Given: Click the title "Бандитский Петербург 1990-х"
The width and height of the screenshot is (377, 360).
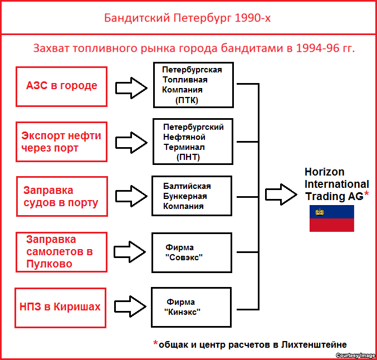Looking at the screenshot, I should click(188, 18).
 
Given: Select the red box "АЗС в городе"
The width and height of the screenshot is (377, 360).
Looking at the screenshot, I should click(61, 86).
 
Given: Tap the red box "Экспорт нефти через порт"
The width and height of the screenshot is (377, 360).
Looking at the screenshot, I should click(61, 142).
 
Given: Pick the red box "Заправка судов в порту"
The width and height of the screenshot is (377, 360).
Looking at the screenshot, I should click(61, 197).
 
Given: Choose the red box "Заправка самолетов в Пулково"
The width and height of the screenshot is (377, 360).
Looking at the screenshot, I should click(61, 252).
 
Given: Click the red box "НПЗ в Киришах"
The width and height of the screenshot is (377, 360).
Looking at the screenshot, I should click(61, 307).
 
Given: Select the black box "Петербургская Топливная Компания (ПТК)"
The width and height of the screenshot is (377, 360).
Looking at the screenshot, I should click(193, 85).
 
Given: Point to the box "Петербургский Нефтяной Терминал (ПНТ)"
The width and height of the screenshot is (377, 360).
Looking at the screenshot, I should click(193, 142).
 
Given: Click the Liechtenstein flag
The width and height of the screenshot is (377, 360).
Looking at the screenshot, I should click(332, 218).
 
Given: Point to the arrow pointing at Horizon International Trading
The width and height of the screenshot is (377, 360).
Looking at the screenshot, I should click(281, 195).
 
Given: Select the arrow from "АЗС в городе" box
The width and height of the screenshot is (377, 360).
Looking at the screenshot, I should click(130, 86).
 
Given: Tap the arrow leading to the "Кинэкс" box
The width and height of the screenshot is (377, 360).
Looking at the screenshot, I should click(130, 307).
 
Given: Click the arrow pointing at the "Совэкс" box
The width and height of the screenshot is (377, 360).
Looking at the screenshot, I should click(130, 251).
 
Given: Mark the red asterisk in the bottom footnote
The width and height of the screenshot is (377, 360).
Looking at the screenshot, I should click(155, 343).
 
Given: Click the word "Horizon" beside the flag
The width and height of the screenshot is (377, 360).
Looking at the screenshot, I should click(325, 172).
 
